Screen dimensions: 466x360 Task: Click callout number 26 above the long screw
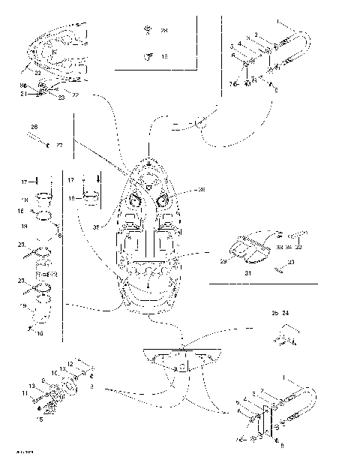point(34,127)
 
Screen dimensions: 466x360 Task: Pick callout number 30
point(291,262)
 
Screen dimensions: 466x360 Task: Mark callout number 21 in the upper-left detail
point(23,93)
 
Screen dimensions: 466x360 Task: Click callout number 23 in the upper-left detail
point(61,98)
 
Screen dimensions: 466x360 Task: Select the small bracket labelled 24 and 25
point(281,338)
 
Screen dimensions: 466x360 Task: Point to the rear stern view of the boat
point(181,360)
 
